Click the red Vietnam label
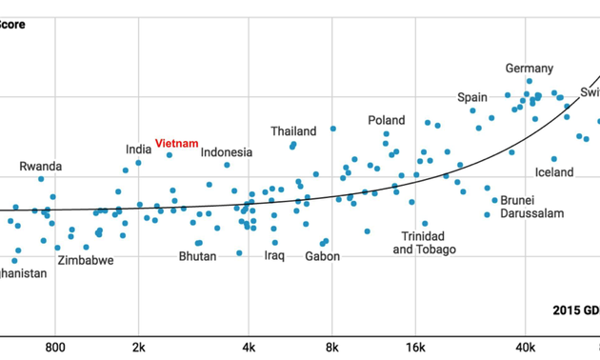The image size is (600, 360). pos(177,144)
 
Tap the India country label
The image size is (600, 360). pos(138,150)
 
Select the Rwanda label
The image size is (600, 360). pos(40,167)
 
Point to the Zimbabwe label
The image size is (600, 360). pos(86,260)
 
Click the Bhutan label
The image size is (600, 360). pos(197,256)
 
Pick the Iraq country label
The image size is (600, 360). pos(274,256)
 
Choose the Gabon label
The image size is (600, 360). pos(323,256)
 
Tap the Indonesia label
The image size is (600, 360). pos(227,152)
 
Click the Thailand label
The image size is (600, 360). pos(293,131)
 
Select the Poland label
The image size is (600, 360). pos(387,121)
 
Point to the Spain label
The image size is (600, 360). pos(472,97)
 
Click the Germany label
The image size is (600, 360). pos(529,69)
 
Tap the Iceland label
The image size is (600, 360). pos(554,172)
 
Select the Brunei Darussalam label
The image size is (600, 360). pos(517,208)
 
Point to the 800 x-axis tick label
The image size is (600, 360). pos(55,349)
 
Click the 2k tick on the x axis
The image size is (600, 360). pos(138,349)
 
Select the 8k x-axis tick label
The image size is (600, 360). pos(332,349)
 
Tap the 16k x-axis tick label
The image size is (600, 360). pos(415,349)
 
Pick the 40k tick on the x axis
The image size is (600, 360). pos(525,349)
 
